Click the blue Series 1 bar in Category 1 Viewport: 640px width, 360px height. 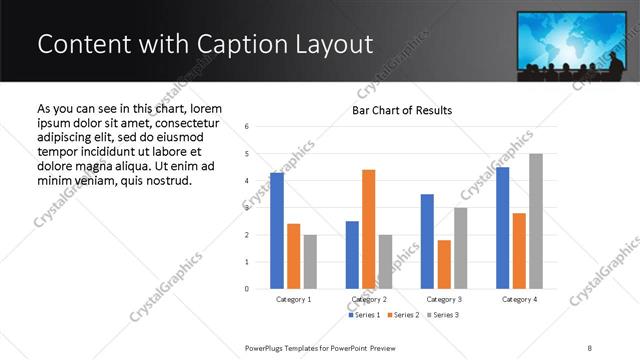(x=277, y=231)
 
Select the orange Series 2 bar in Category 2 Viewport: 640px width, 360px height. (x=368, y=229)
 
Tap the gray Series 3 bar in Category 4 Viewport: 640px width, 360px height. (x=535, y=221)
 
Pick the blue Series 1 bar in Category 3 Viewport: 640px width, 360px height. (x=427, y=241)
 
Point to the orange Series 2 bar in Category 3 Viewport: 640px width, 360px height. (x=444, y=264)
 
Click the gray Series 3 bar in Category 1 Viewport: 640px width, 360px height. (x=310, y=262)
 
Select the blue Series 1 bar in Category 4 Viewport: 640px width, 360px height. (x=502, y=228)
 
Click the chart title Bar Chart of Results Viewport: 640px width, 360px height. (x=402, y=110)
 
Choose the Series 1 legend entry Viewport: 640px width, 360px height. (x=364, y=315)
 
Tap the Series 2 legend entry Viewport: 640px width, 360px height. (x=402, y=315)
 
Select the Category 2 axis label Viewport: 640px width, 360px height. (x=368, y=299)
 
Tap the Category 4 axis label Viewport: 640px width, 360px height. (x=519, y=299)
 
